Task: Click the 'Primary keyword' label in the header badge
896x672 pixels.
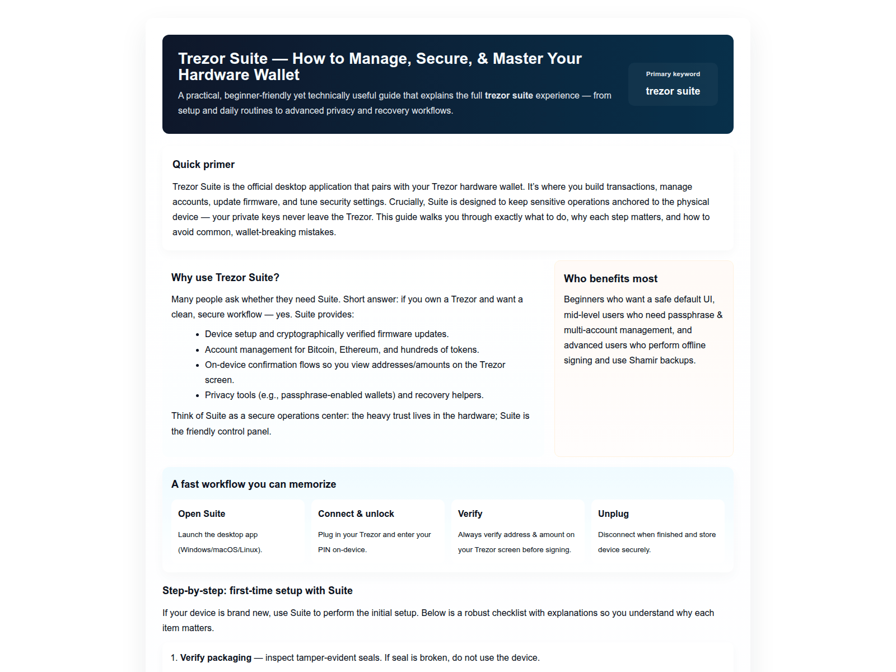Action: click(673, 74)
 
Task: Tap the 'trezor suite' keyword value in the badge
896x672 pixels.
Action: click(673, 91)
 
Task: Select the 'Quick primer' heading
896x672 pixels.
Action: click(203, 165)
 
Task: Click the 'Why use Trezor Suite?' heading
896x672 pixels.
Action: click(225, 278)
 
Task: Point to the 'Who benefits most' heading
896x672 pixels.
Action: click(610, 279)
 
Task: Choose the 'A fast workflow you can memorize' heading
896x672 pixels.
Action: click(254, 484)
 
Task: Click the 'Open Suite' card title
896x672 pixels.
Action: click(202, 514)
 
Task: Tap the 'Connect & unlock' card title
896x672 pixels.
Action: click(356, 514)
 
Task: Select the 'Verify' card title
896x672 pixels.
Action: click(470, 514)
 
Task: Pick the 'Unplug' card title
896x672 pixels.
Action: click(613, 514)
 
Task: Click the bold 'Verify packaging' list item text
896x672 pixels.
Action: click(216, 658)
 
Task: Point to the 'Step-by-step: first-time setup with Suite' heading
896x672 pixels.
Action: click(258, 591)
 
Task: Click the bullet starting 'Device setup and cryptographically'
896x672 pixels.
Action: click(326, 334)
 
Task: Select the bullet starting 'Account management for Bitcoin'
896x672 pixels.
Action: click(342, 350)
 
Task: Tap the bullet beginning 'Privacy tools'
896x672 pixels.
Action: click(344, 395)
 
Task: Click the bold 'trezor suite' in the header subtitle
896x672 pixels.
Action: click(508, 96)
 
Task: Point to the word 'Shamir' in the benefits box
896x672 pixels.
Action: click(643, 361)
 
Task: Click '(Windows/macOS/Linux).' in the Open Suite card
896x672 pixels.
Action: click(220, 550)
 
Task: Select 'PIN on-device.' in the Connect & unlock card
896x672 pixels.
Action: click(342, 550)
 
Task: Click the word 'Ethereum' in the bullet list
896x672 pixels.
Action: click(358, 350)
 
